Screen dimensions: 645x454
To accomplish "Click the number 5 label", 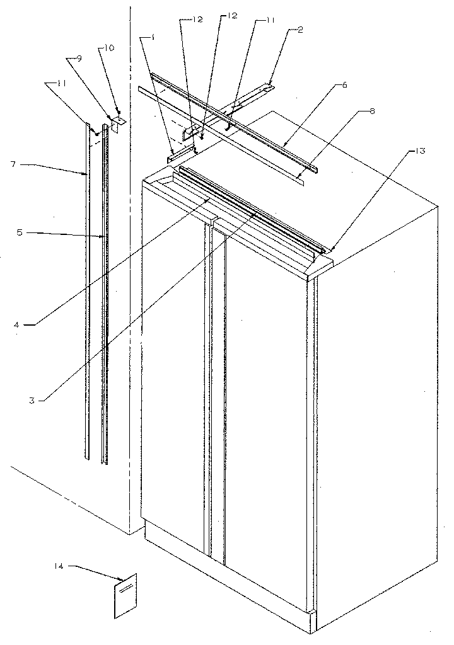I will (x=20, y=232).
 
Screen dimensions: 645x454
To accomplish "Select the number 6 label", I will (x=344, y=84).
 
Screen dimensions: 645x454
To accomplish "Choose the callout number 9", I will (x=79, y=58).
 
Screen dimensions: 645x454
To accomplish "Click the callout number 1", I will (x=152, y=37).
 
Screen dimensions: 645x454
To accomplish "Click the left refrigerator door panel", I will (x=173, y=365).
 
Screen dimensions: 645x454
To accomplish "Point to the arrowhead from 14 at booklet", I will (x=122, y=579).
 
